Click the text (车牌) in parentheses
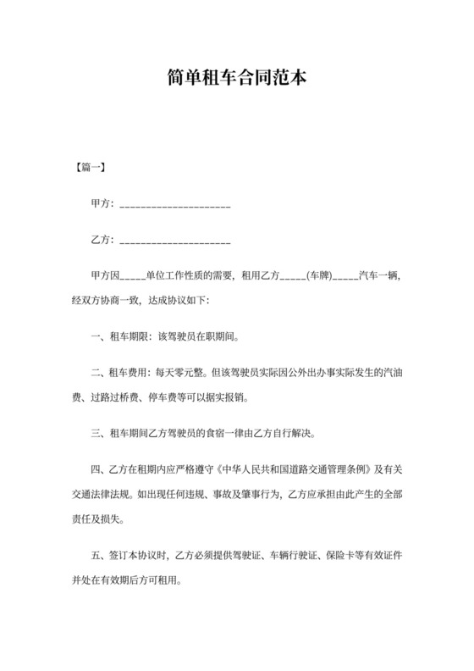[x=317, y=276]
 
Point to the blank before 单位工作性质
[x=134, y=278]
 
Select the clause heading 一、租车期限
[x=118, y=336]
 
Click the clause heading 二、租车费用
[x=118, y=373]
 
